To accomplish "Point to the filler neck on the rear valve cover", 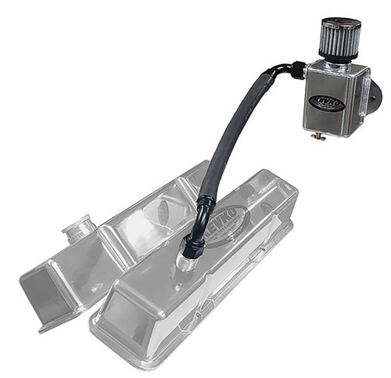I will point(79,229).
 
